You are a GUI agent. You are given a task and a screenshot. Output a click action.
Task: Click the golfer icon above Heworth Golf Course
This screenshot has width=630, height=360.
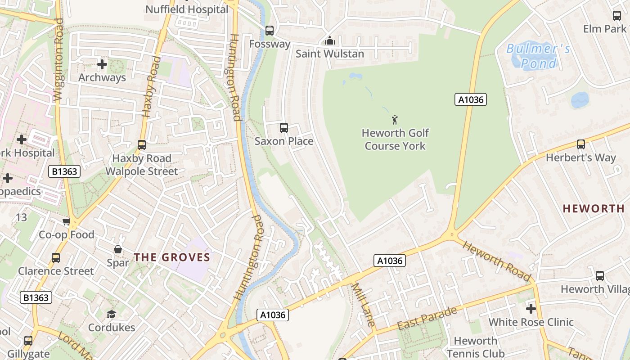(395, 120)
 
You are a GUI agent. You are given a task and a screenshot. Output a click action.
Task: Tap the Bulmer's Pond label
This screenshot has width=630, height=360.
(538, 56)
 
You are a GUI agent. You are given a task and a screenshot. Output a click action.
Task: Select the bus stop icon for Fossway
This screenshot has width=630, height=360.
(269, 31)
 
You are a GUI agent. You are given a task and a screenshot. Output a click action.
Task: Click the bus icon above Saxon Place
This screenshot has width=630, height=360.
(284, 128)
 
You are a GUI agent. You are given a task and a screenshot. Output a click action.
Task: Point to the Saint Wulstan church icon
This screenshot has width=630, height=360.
(330, 41)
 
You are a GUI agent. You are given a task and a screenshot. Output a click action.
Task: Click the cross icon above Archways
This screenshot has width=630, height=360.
(102, 64)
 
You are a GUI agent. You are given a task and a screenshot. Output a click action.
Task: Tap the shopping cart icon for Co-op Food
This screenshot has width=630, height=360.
(67, 221)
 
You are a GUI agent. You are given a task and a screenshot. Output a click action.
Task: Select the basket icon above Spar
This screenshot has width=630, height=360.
(118, 249)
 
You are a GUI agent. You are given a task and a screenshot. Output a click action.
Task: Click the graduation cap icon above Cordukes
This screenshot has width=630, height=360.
(111, 314)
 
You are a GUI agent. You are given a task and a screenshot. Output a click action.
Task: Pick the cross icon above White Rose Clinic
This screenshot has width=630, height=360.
(531, 309)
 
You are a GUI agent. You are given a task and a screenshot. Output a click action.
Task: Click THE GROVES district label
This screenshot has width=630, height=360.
(172, 257)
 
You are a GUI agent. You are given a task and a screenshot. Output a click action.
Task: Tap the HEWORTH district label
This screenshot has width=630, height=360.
(593, 208)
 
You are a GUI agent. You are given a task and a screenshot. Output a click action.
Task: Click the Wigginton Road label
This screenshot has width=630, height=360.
(58, 58)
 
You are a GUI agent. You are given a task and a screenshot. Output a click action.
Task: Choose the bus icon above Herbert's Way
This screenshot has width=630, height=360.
(581, 144)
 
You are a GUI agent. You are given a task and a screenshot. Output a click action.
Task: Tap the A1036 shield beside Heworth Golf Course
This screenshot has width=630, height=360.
(471, 99)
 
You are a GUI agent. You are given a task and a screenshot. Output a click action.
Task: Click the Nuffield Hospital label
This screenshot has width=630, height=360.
(187, 9)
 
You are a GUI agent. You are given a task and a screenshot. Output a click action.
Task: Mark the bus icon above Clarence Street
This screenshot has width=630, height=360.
(56, 258)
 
